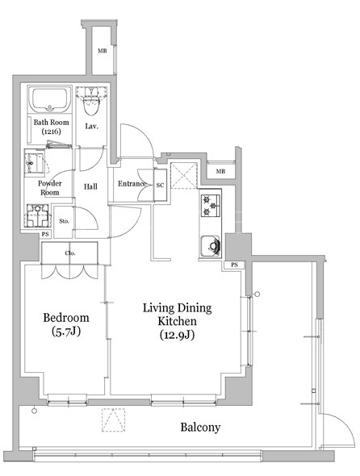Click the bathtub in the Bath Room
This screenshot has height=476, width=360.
pyautogui.click(x=50, y=100)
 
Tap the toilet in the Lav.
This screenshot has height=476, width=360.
pyautogui.click(x=91, y=102)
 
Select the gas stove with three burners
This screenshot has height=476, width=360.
pyautogui.click(x=211, y=206)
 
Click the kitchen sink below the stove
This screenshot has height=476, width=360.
pyautogui.click(x=210, y=246)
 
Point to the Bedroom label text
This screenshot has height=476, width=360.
pyautogui.click(x=66, y=318)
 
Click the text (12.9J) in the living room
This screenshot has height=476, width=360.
pyautogui.click(x=177, y=335)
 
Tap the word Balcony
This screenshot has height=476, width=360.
pyautogui.click(x=200, y=427)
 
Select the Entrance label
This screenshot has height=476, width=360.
pyautogui.click(x=132, y=184)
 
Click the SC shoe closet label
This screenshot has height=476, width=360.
pyautogui.click(x=160, y=185)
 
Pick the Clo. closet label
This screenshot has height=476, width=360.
pyautogui.click(x=70, y=253)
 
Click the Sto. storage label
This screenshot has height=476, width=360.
pyautogui.click(x=64, y=221)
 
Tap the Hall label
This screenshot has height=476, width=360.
pyautogui.click(x=90, y=186)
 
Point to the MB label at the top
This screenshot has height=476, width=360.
pyautogui.click(x=103, y=51)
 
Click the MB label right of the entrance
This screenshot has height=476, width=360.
pyautogui.click(x=220, y=172)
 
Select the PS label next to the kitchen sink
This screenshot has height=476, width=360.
pyautogui.click(x=234, y=265)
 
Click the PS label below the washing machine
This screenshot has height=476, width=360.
pyautogui.click(x=45, y=234)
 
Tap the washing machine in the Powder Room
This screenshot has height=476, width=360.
pyautogui.click(x=37, y=215)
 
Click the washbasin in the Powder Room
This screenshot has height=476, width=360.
pyautogui.click(x=35, y=162)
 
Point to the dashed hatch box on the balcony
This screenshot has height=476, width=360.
pyautogui.click(x=113, y=420)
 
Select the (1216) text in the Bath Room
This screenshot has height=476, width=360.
pyautogui.click(x=51, y=132)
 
